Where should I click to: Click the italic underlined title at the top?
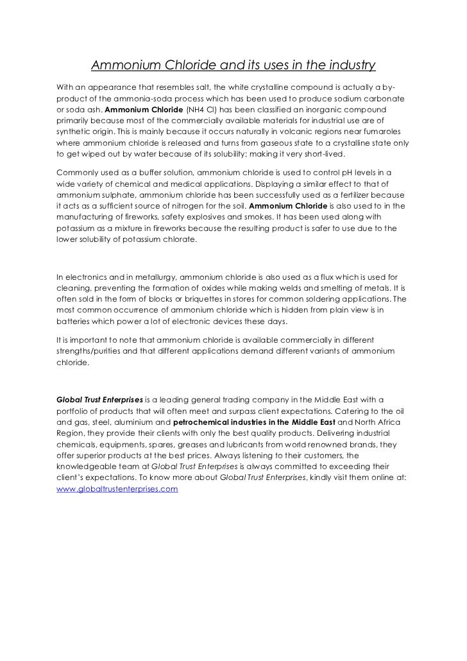(233, 65)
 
